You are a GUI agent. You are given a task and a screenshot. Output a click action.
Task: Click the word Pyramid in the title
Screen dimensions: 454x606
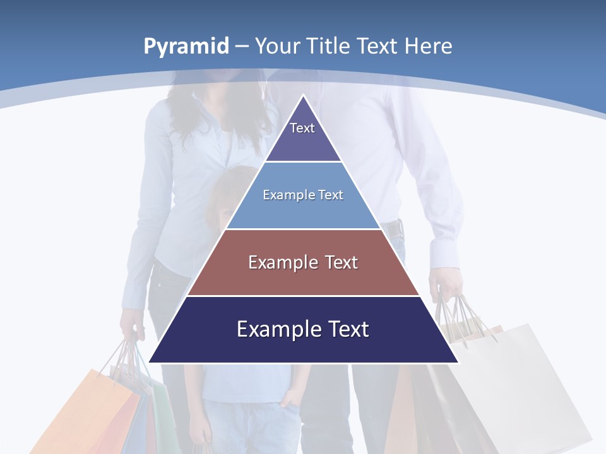(186, 46)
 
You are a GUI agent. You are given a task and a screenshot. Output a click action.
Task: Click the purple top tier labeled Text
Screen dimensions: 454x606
(303, 136)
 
